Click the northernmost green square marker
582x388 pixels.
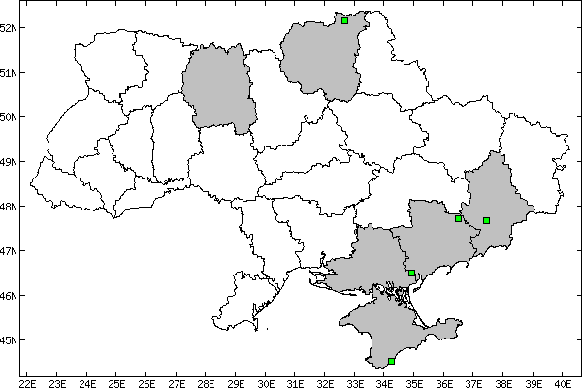point(345,20)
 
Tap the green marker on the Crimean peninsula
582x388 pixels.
point(391,361)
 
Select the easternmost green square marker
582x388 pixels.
point(486,220)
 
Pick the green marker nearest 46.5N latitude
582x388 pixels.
point(412,274)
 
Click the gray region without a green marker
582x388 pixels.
point(219,87)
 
